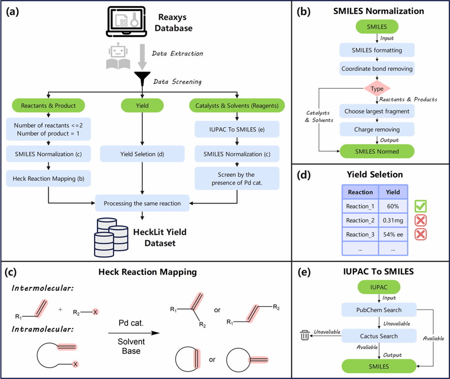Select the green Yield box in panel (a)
coord(142,105)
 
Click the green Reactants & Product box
coord(49,105)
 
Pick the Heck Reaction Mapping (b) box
coord(49,178)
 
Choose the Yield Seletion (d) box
coord(142,154)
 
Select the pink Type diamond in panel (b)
coord(377,89)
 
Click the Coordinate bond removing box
coord(377,69)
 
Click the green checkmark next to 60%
coord(420,206)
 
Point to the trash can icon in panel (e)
coord(305,336)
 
